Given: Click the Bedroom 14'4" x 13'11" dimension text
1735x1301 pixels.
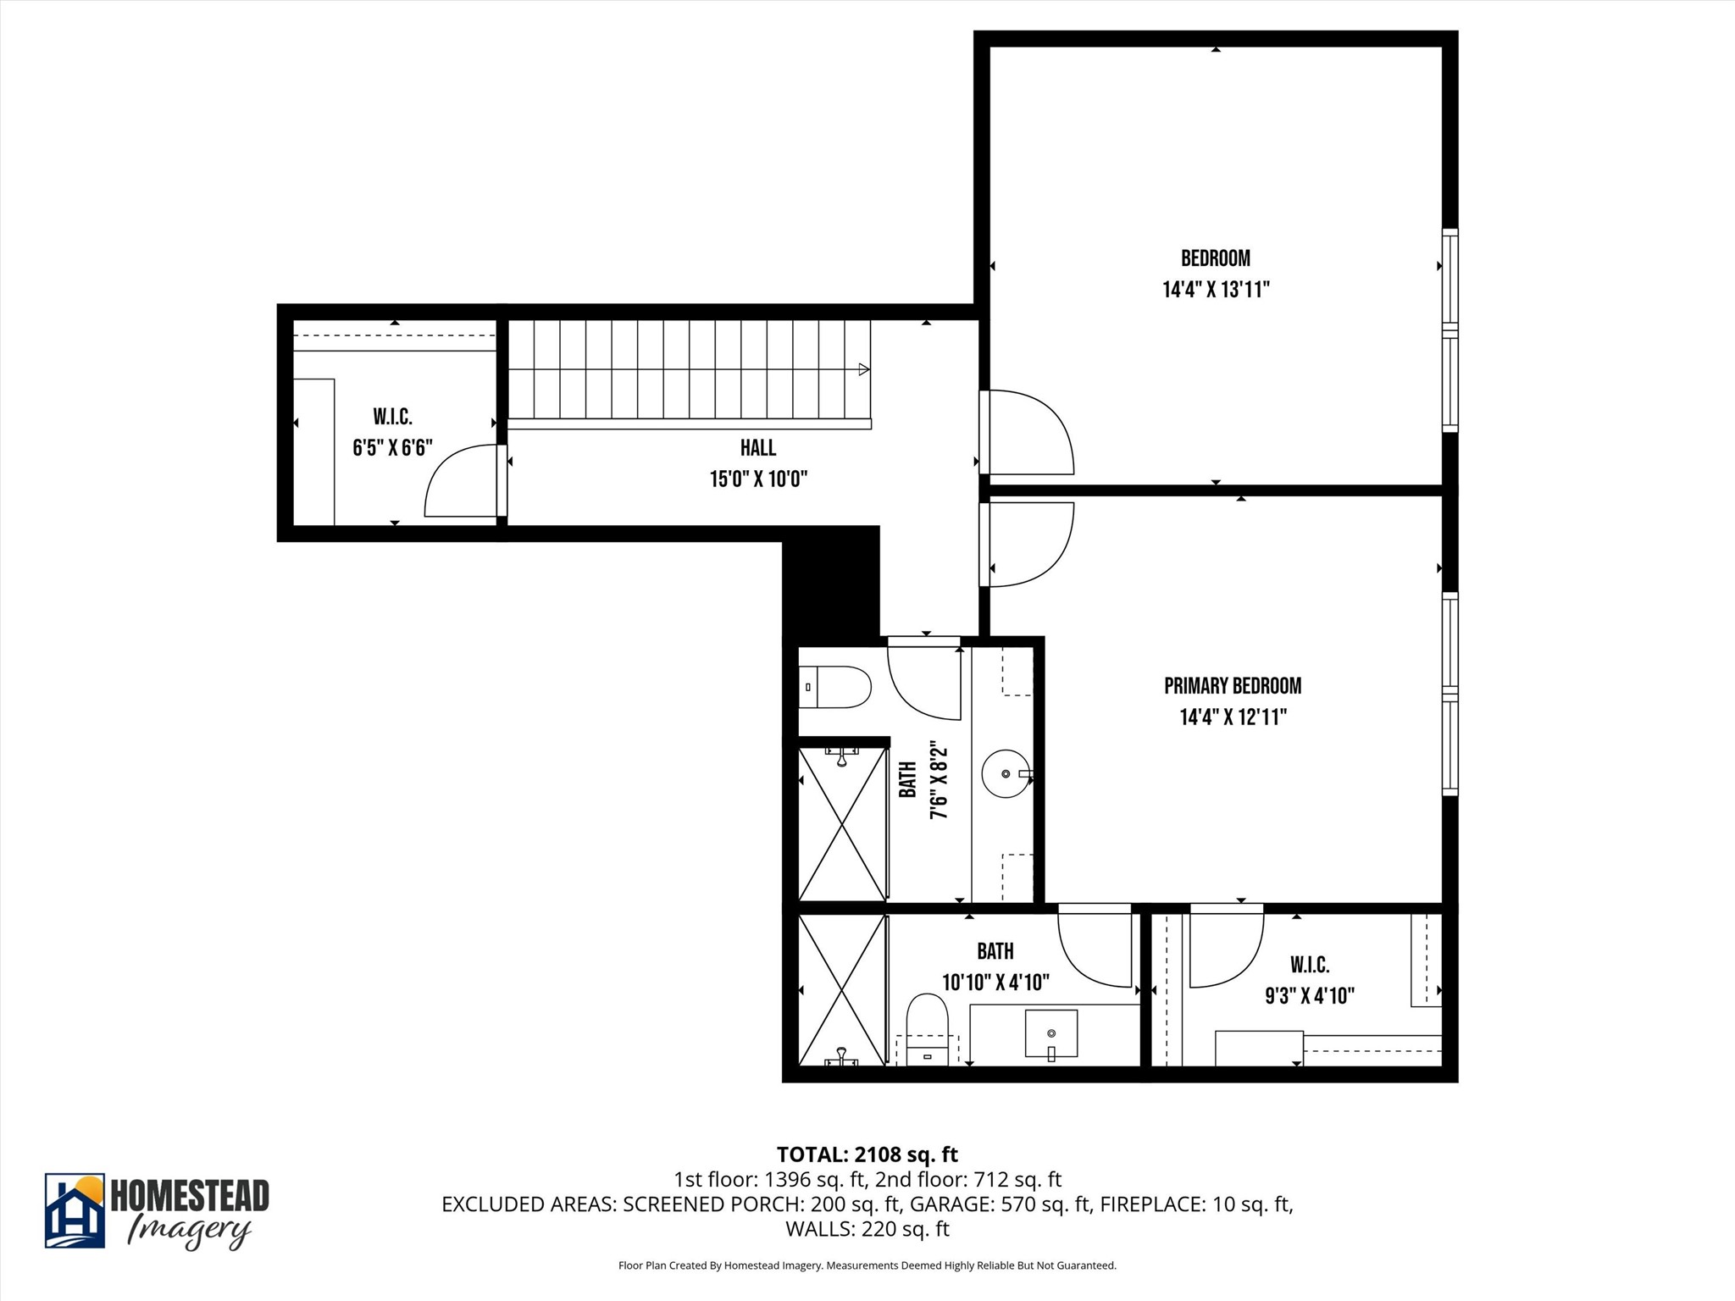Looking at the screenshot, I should (1216, 290).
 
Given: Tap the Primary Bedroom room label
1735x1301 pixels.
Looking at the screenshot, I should (1233, 685).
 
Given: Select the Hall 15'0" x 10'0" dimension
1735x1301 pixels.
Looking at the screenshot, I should (758, 479).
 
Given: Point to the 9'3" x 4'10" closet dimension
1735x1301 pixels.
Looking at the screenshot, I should (1310, 996).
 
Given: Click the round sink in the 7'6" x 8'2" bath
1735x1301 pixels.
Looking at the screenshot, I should (1006, 774).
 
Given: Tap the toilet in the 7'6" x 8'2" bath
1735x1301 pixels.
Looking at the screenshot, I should (837, 687).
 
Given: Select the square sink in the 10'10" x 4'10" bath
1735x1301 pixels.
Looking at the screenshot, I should (1051, 1032).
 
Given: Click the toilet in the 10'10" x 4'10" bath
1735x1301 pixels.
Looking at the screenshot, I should (927, 1026).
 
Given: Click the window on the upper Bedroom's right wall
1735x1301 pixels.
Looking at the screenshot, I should (1450, 330).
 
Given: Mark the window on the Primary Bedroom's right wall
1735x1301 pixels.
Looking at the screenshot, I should (1450, 694).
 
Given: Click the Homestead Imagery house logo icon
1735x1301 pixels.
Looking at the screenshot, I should (75, 1210).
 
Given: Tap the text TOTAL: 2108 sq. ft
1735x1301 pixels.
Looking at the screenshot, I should (867, 1154).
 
